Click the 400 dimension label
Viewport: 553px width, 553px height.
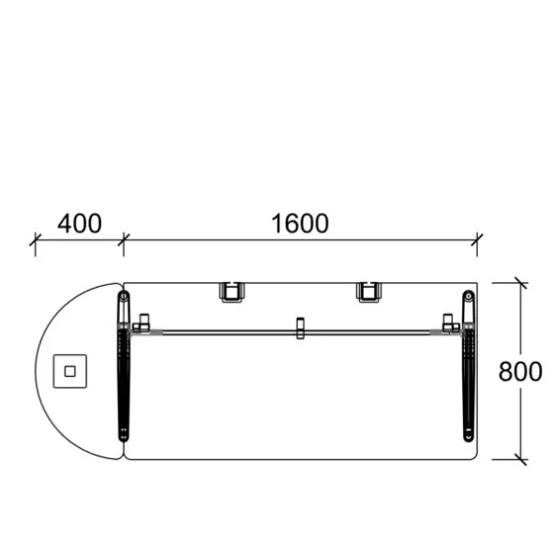pos(80,224)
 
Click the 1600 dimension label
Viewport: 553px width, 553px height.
pos(300,224)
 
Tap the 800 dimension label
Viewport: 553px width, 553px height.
pos(520,371)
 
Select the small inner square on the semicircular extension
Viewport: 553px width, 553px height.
pos(70,371)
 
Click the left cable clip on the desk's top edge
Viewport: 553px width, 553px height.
pos(232,292)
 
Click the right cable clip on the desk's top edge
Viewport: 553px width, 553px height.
pos(368,292)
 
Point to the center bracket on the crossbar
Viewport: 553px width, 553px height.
pos(300,328)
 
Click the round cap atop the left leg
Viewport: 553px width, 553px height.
pos(124,296)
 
